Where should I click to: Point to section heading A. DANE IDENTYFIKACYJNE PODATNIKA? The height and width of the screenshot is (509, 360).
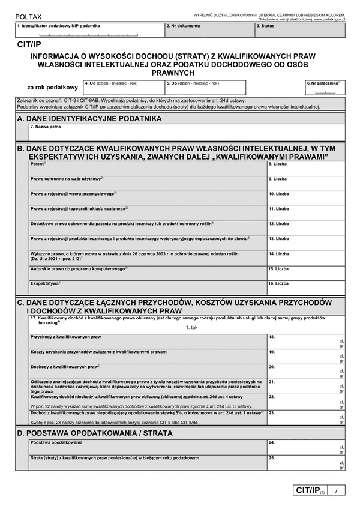point(90,119)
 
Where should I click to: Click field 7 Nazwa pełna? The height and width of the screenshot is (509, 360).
point(186,134)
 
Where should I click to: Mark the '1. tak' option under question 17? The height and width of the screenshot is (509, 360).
point(191,327)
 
